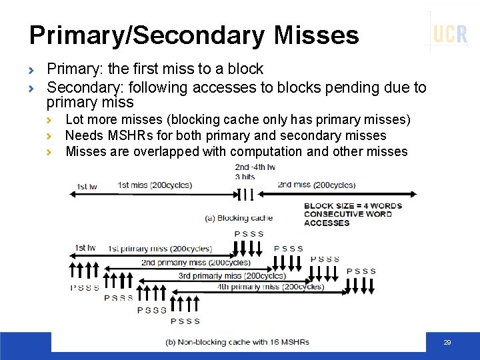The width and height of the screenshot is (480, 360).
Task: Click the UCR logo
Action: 450,33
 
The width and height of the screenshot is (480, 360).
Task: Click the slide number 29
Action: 447,343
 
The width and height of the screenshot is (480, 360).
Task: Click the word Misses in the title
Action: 314,35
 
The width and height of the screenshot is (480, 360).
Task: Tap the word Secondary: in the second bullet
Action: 83,87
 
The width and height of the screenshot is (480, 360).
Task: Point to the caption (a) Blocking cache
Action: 238,218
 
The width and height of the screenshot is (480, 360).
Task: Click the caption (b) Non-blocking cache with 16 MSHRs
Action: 237,342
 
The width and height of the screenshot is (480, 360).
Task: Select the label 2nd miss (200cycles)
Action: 316,185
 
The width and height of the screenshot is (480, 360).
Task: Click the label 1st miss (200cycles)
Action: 154,185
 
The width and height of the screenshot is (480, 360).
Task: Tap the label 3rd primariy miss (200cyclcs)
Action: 232,275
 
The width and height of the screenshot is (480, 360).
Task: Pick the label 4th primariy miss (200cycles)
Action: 270,287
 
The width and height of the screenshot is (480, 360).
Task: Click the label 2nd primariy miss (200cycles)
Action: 195,262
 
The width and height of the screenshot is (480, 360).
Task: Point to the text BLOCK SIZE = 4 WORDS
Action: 353,206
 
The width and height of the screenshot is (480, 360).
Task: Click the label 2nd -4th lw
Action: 255,167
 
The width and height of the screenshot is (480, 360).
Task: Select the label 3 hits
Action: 245,177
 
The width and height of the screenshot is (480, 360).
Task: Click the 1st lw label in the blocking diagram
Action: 87,186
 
